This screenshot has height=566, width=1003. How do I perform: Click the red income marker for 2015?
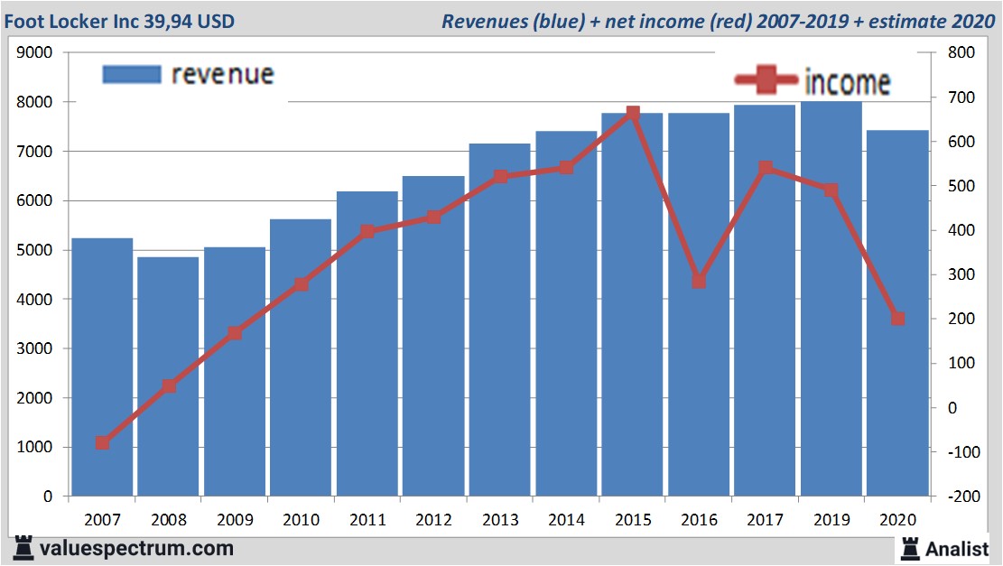[632, 114]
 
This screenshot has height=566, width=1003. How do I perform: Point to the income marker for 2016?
[699, 282]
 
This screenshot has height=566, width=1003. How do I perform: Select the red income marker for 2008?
[169, 386]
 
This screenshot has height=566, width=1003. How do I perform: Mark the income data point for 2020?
[897, 319]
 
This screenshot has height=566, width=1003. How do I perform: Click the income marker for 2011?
[367, 232]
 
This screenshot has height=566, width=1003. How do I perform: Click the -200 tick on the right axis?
[958, 496]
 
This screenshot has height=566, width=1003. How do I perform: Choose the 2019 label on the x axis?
[831, 520]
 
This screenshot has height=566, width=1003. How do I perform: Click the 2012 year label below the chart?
[433, 520]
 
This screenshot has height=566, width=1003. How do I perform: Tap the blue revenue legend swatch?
[132, 74]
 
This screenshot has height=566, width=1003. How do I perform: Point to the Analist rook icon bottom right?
[909, 547]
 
